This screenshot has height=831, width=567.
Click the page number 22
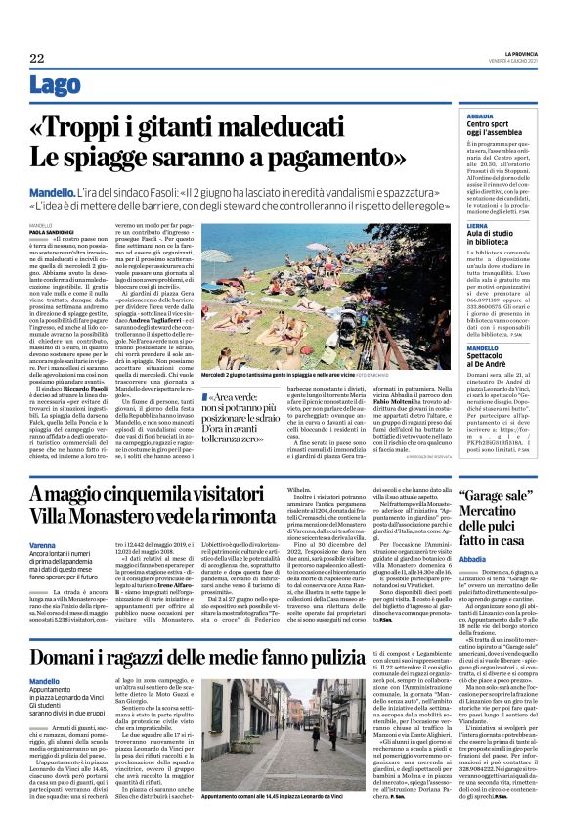(37, 58)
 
